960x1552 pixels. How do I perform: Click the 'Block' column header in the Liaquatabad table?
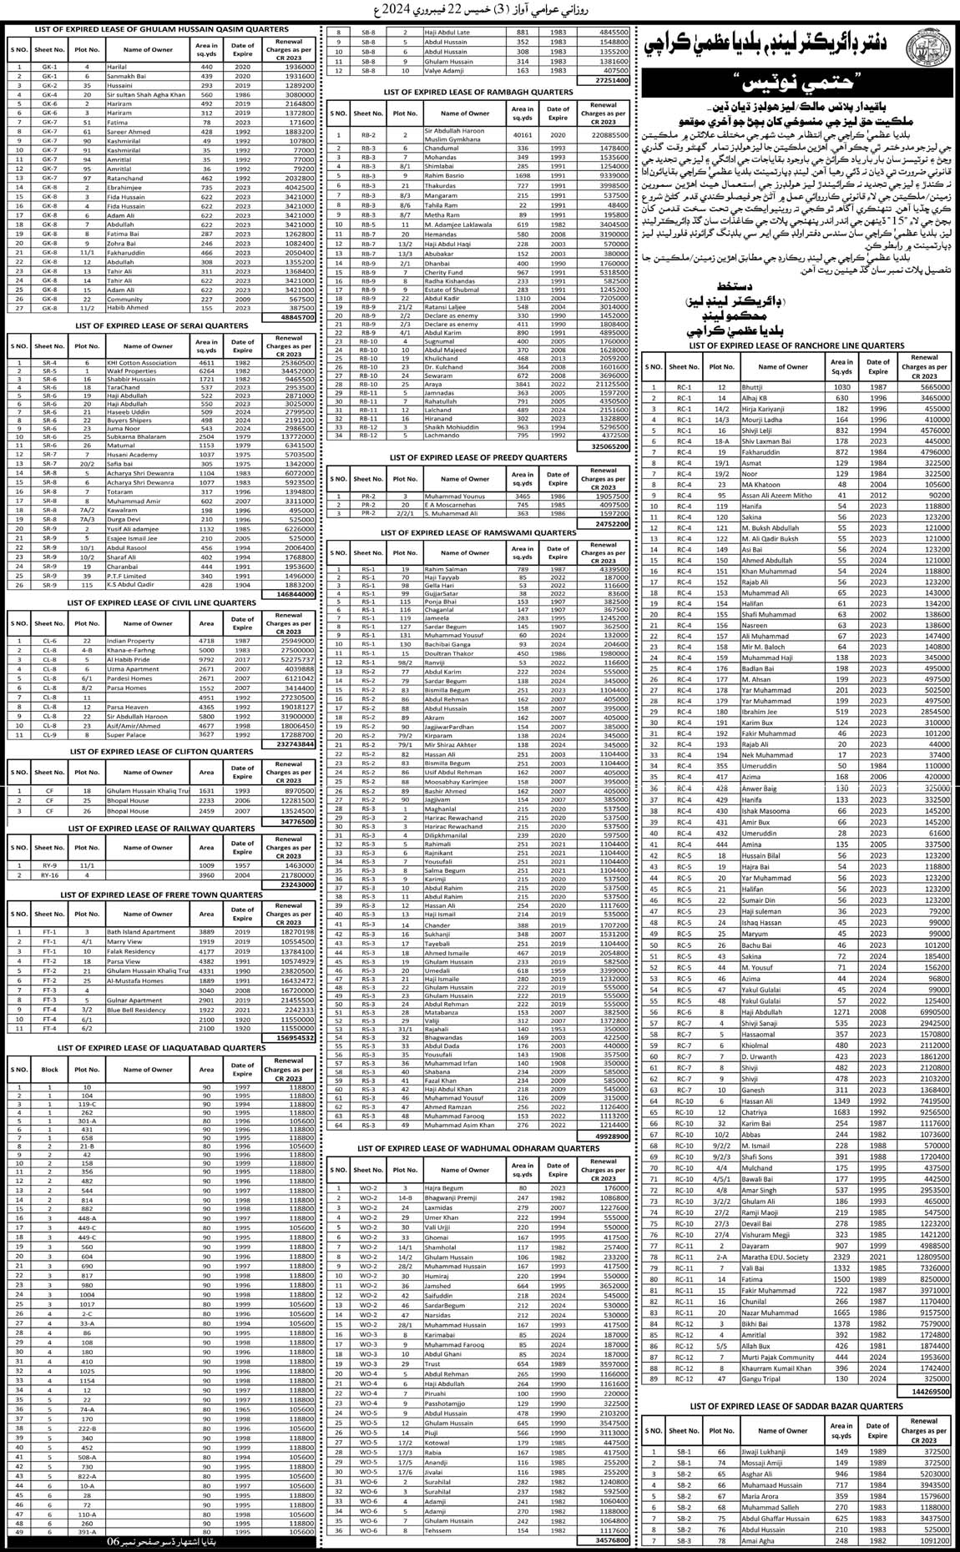[50, 1068]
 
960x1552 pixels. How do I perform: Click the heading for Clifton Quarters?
[162, 751]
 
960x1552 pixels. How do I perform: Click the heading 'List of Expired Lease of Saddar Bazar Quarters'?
[796, 1406]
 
